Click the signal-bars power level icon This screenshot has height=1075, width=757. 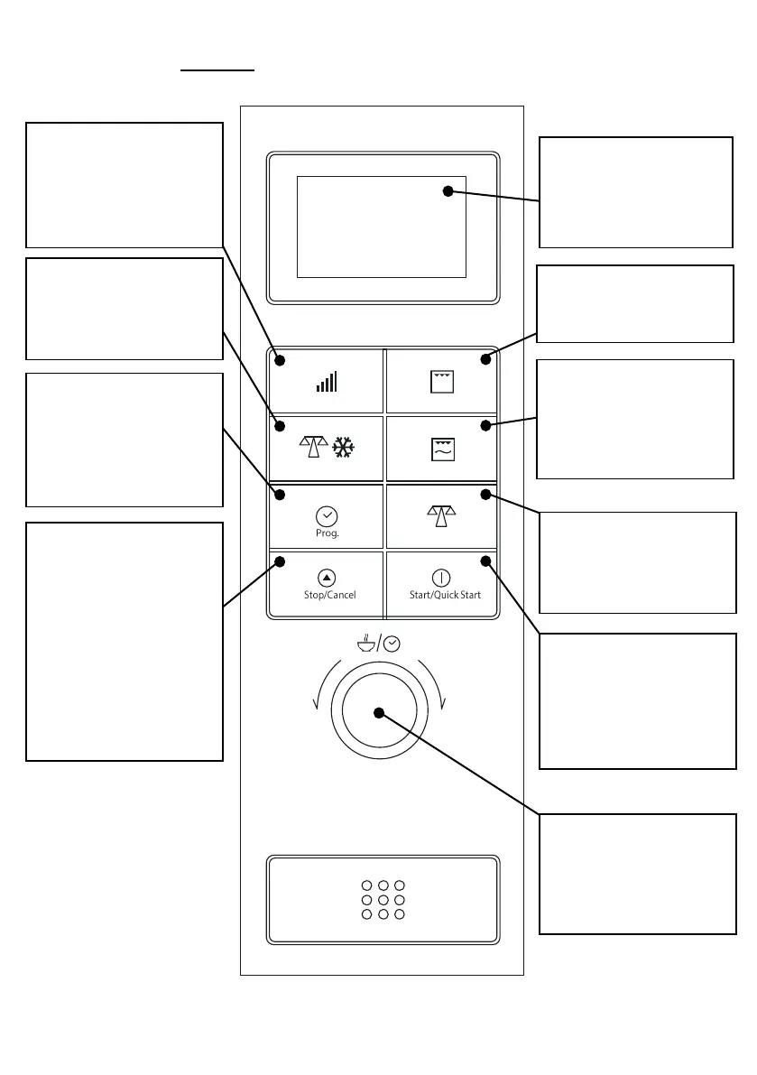coord(327,382)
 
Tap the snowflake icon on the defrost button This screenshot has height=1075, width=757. coord(343,448)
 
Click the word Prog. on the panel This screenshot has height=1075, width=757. coord(327,533)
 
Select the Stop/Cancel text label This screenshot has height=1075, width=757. coord(329,595)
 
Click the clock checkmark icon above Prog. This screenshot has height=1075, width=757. coord(327,516)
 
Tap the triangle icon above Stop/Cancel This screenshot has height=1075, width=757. coord(327,578)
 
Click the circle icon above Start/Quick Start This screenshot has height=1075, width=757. coord(441,578)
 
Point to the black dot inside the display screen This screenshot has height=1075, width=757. coord(448,190)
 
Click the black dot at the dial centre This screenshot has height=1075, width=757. coord(379,713)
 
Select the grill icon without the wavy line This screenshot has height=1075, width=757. coord(442,382)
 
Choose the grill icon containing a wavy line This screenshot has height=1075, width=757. coord(442,449)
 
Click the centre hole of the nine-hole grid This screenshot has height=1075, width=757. coord(383,900)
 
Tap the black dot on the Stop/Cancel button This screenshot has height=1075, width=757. coord(280,561)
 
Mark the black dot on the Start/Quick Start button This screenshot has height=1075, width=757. coord(485,561)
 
